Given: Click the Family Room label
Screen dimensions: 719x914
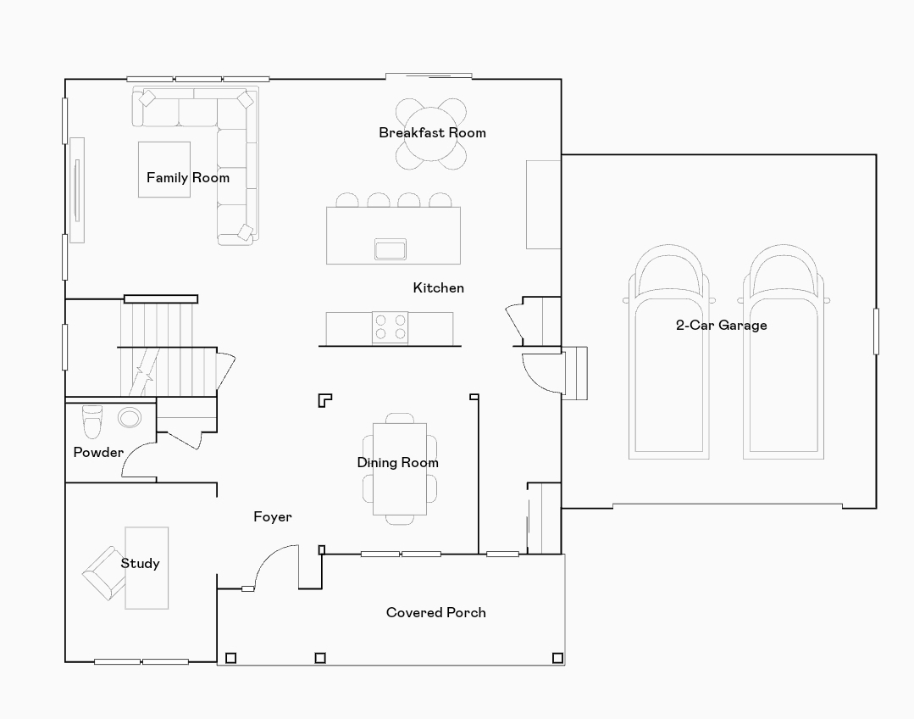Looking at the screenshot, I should coord(187,178).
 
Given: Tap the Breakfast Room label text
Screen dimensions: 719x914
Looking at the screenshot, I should coord(432,132).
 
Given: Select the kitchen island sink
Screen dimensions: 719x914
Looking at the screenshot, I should coord(391,249).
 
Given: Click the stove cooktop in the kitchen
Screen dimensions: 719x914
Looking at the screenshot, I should coord(391,327).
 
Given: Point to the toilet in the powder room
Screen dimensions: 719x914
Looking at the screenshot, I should coord(91,420).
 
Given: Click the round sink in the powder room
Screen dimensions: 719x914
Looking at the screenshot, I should coord(130,417).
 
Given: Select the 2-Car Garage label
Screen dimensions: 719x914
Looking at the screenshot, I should coord(721,325).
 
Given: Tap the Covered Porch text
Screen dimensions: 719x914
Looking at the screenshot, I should coord(435,612).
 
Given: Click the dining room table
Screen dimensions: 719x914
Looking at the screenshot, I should coord(399,469).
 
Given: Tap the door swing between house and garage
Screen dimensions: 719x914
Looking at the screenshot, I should coord(543,373).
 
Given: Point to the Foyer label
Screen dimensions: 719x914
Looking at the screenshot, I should coord(273,516).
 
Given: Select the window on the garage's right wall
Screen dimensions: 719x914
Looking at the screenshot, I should coord(876,331).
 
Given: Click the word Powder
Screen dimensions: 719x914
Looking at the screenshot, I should coord(98,452).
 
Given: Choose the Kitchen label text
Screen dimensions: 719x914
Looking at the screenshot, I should coord(438,287).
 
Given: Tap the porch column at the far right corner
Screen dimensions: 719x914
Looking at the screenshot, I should coord(557,657).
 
